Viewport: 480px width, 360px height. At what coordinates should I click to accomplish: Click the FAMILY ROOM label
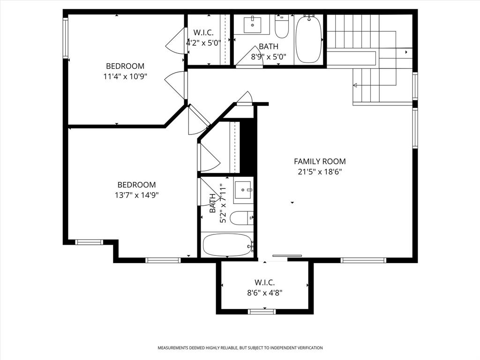(320, 161)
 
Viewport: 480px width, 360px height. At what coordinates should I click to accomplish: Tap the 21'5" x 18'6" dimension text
(320, 172)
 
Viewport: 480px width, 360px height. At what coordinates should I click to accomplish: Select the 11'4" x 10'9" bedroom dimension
(125, 76)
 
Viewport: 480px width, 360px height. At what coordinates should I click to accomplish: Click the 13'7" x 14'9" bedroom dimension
(136, 195)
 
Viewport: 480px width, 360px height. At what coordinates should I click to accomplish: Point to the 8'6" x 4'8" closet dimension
(264, 293)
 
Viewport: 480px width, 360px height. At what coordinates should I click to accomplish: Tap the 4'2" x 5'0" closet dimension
(203, 42)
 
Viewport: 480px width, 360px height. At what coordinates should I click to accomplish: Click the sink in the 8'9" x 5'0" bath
(252, 24)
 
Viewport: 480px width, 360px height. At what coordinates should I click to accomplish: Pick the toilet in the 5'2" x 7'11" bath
(243, 217)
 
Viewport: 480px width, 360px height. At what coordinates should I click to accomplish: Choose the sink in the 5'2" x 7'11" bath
(243, 190)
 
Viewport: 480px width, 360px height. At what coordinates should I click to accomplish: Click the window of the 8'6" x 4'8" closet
(262, 311)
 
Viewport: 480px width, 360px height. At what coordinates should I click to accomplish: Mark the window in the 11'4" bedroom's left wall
(66, 37)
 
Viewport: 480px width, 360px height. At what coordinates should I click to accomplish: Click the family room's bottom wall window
(363, 260)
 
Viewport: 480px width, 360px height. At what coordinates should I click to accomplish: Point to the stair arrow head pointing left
(355, 85)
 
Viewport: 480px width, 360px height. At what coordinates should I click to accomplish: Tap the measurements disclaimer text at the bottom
(240, 348)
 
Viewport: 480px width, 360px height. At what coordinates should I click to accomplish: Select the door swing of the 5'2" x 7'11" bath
(207, 192)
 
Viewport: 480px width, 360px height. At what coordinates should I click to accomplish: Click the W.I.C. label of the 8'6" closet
(264, 283)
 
